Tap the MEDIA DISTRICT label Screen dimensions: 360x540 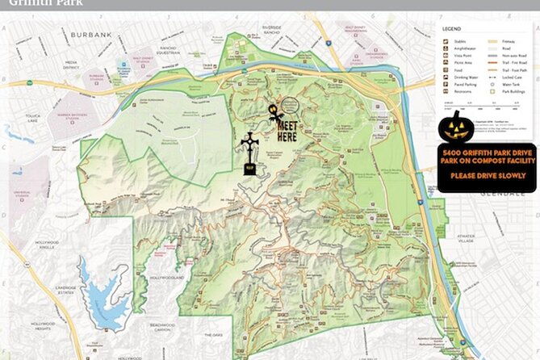[71, 64]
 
